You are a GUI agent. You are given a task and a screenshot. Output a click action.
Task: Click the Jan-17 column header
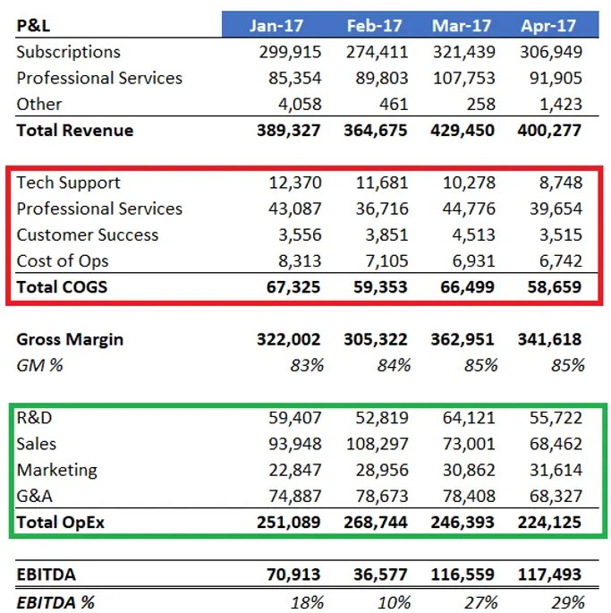pyautogui.click(x=277, y=25)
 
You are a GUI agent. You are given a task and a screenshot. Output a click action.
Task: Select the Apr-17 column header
pyautogui.click(x=547, y=25)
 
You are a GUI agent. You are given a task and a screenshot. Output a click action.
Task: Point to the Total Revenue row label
pyautogui.click(x=74, y=131)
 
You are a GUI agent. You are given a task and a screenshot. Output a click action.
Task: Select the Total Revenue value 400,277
pyautogui.click(x=549, y=131)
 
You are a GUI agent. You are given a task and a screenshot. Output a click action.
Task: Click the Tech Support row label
pyautogui.click(x=68, y=183)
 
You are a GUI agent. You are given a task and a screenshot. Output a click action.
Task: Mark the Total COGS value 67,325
pyautogui.click(x=291, y=288)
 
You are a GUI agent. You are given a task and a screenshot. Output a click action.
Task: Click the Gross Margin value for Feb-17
pyautogui.click(x=376, y=340)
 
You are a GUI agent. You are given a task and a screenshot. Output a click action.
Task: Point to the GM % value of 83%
pyautogui.click(x=306, y=365)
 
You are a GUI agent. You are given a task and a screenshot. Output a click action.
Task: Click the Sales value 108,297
pyautogui.click(x=376, y=444)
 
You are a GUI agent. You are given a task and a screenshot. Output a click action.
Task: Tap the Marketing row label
pyautogui.click(x=56, y=470)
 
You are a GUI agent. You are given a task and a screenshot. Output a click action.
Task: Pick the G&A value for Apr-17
pyautogui.click(x=552, y=496)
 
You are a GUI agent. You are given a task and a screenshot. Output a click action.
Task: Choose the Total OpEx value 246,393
pyautogui.click(x=462, y=522)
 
